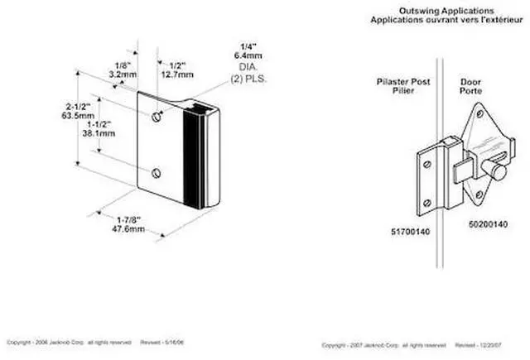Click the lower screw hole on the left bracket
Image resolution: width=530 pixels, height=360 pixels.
click(157, 172)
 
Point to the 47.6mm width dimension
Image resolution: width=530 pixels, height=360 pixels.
click(131, 229)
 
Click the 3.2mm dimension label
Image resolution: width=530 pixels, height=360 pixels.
click(122, 73)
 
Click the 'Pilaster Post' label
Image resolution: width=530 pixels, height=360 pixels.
click(398, 83)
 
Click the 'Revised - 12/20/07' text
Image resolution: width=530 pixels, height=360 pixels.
click(477, 343)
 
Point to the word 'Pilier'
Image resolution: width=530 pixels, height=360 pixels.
click(398, 93)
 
